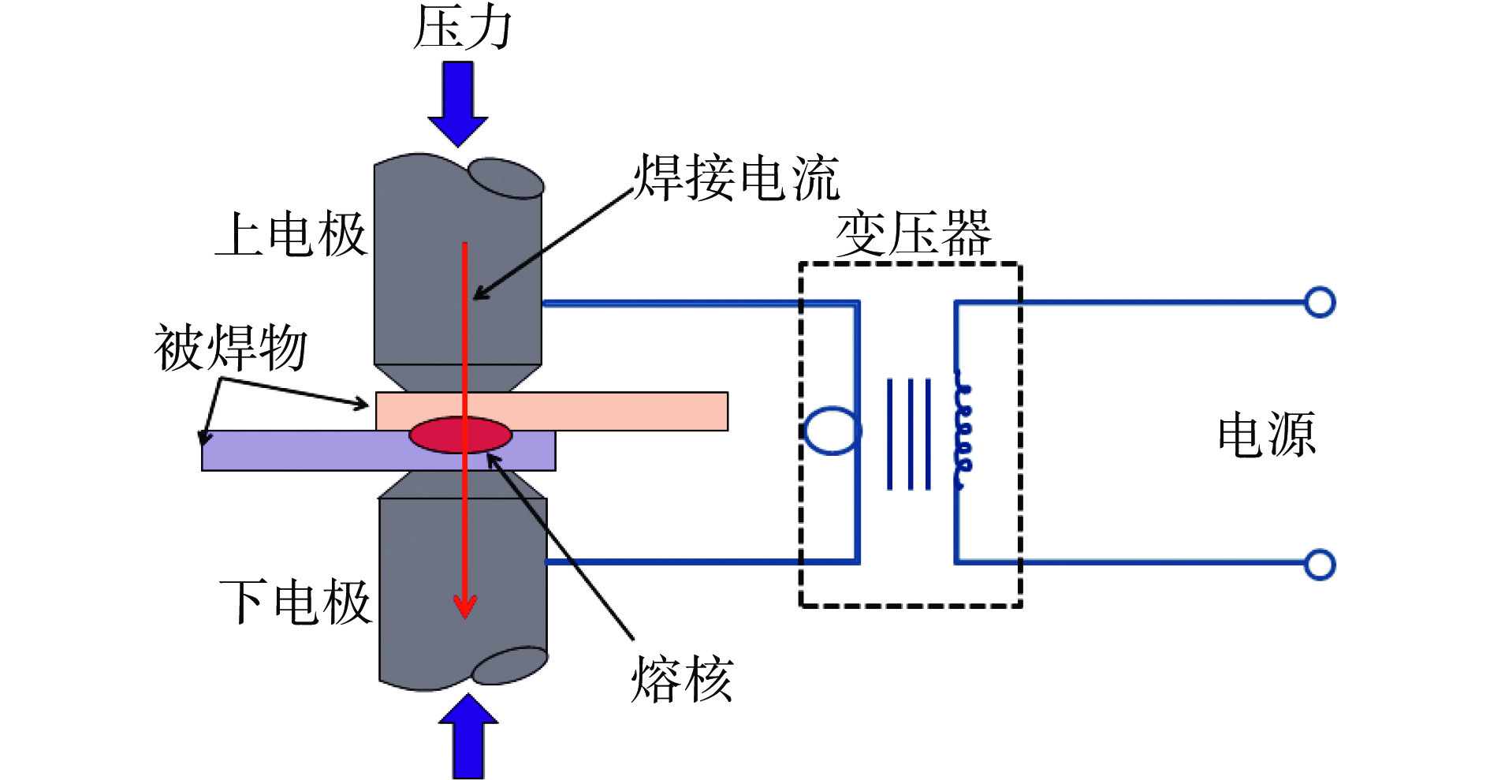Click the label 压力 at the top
[x=463, y=28]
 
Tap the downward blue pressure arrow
[x=458, y=103]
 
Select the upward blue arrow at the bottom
[x=468, y=737]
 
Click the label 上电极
[x=291, y=234]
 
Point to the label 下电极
[x=295, y=603]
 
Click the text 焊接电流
[x=737, y=177]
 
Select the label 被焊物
[x=230, y=348]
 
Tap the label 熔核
[x=682, y=679]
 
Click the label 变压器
[x=913, y=233]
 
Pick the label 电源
[x=1266, y=435]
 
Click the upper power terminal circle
[x=1319, y=302]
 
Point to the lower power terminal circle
[x=1319, y=565]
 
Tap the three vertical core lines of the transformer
[x=909, y=435]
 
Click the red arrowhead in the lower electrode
[x=465, y=606]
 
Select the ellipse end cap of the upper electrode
[x=506, y=179]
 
